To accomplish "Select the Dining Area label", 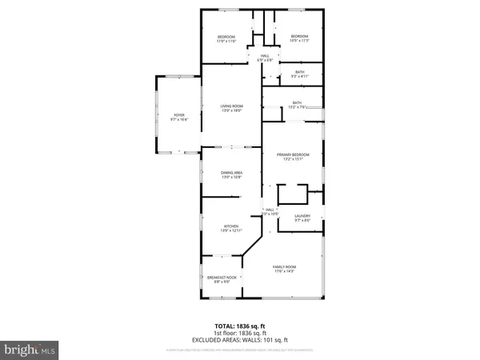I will [232, 174].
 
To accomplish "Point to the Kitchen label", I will [232, 228].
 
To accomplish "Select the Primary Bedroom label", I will [294, 157].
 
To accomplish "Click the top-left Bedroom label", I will [226, 38].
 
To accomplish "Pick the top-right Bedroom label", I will [299, 38].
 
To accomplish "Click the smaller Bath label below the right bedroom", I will [299, 74].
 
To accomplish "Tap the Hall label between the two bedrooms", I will [265, 58].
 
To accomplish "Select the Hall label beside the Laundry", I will [270, 212].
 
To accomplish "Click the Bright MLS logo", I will [30, 350].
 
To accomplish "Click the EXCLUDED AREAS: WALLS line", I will [240, 341].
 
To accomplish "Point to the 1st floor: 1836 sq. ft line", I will [240, 334].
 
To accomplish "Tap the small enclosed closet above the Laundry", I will [292, 195].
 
